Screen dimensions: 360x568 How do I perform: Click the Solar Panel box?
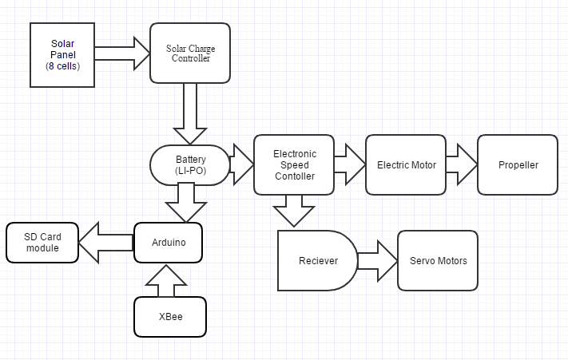[x=62, y=54]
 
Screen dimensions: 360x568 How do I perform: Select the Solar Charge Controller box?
[x=190, y=53]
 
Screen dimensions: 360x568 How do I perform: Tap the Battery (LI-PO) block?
[x=190, y=164]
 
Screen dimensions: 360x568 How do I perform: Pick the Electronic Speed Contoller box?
[x=294, y=164]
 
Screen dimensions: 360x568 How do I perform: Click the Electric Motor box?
[x=406, y=164]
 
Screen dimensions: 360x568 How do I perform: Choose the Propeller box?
[x=518, y=164]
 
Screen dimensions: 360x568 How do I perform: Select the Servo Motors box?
[x=438, y=261]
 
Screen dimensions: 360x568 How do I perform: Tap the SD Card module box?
[x=43, y=243]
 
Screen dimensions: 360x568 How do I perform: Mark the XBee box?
[x=169, y=317]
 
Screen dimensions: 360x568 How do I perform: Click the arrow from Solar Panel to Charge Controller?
[x=122, y=53]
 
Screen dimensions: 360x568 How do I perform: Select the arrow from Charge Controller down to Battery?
[x=190, y=113]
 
